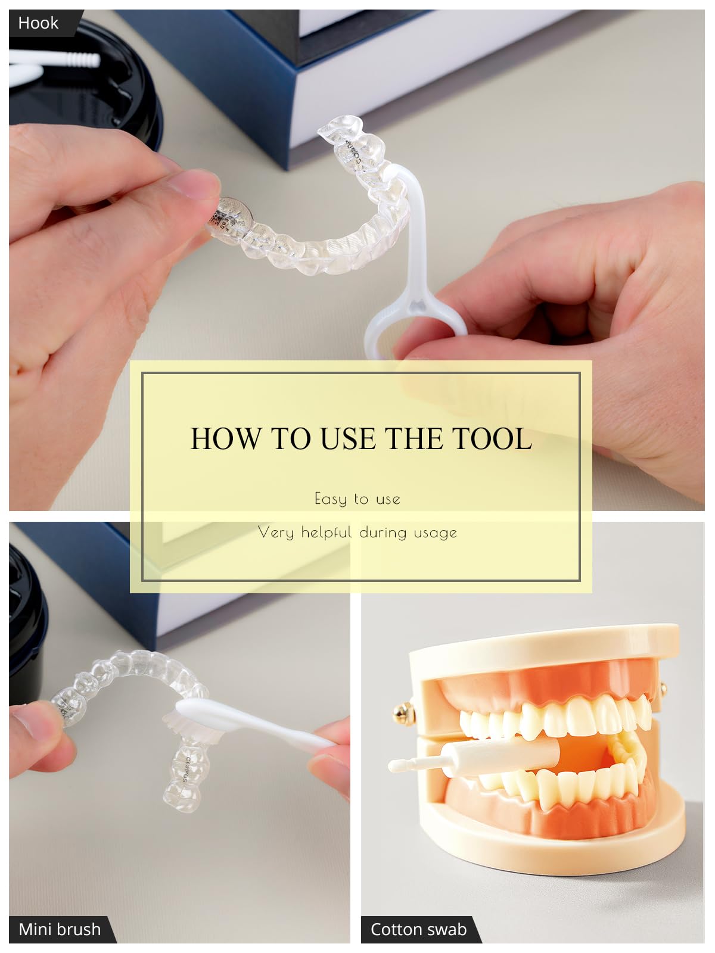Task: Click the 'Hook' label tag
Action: point(38,23)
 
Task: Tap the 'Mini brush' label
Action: point(60,930)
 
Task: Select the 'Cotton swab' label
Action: point(418,930)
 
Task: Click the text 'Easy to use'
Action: point(357,499)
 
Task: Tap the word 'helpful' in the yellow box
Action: point(326,532)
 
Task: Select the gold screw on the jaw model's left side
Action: point(404,714)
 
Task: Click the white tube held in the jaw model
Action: point(503,756)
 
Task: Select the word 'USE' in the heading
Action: point(348,438)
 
